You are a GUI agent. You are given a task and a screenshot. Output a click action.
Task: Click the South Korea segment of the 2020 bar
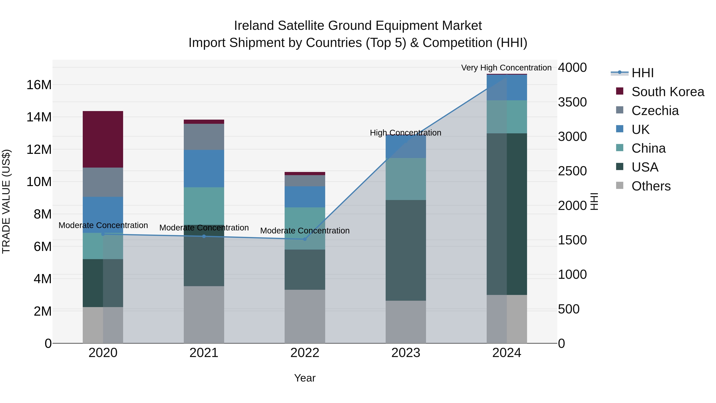tap(103, 139)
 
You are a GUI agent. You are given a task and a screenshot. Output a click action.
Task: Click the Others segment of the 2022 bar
tap(305, 316)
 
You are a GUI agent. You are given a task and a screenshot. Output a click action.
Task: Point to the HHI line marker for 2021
tap(204, 236)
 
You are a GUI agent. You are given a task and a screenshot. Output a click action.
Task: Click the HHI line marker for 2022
tap(305, 239)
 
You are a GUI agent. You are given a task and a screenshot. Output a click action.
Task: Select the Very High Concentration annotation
tap(506, 68)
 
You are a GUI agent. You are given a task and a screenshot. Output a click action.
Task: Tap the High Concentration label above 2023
tap(405, 133)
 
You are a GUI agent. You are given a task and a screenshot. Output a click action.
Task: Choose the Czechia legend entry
tap(655, 110)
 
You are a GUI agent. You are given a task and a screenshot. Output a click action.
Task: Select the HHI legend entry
tap(642, 73)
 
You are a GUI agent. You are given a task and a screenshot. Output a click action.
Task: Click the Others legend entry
tap(651, 186)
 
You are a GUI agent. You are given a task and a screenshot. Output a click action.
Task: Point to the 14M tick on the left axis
tap(39, 117)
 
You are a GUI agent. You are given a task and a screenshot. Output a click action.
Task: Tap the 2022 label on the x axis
tap(305, 353)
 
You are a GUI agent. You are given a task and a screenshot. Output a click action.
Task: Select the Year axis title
tap(305, 378)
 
